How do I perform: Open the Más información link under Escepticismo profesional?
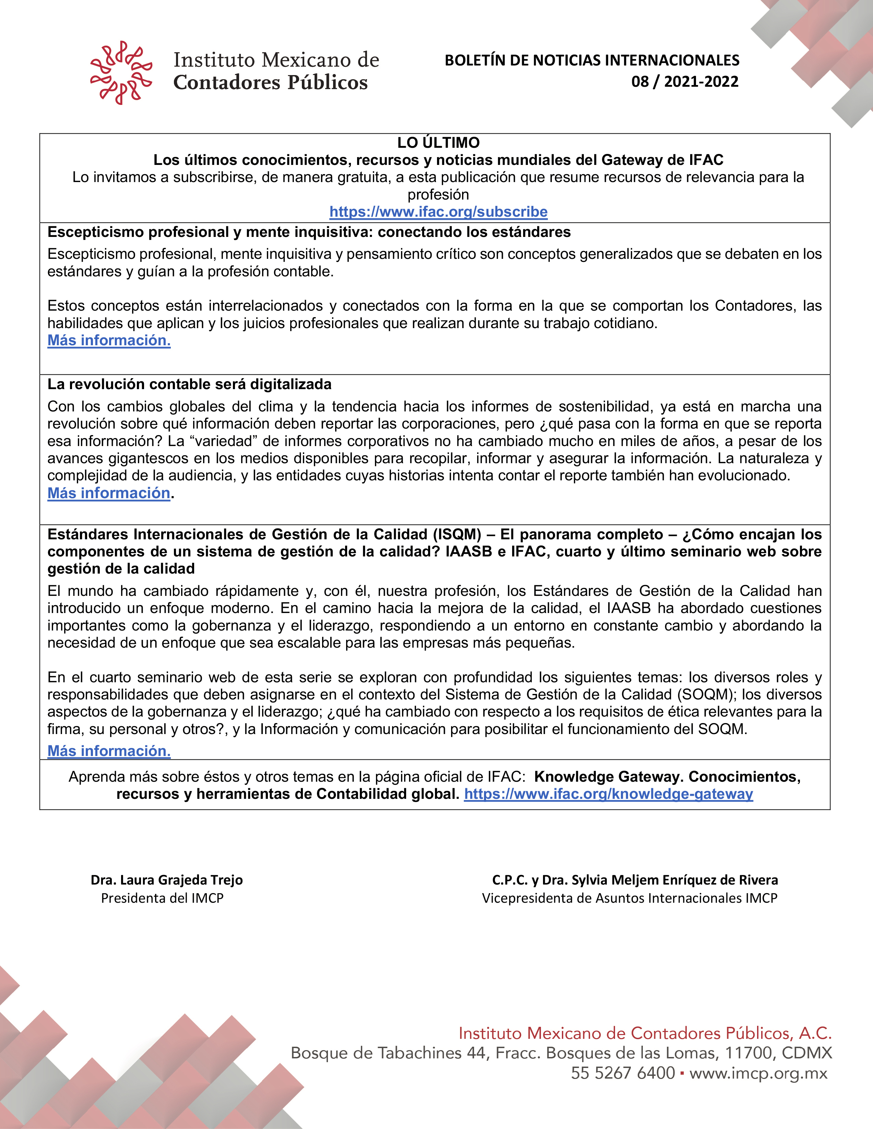(x=109, y=341)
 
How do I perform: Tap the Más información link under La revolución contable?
(x=109, y=493)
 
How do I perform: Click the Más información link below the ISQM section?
(x=109, y=751)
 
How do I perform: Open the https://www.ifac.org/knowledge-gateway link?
(x=608, y=794)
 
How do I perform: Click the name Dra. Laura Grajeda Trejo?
(x=166, y=880)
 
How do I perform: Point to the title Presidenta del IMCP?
(x=162, y=898)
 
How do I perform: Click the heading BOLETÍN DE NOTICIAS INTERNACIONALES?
(x=592, y=60)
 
